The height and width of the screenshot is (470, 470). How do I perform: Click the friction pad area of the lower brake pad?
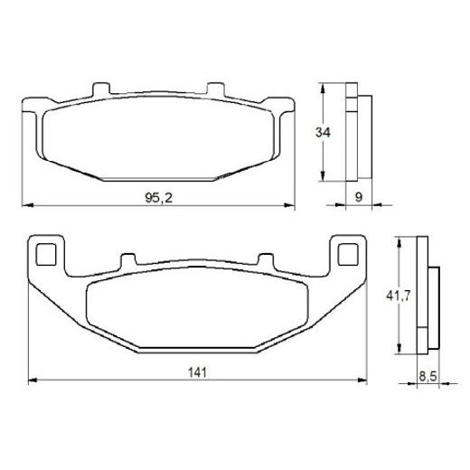pyautogui.click(x=196, y=307)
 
